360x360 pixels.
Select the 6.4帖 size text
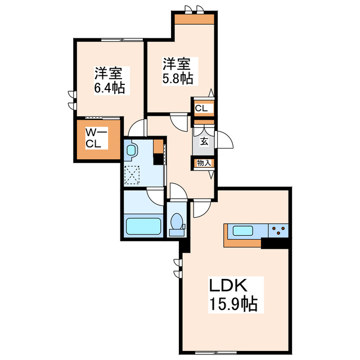coord(109,88)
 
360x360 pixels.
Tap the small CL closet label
coord(203,108)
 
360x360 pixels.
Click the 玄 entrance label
coord(204,141)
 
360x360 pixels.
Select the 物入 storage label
coord(204,163)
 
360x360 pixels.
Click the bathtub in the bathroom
coord(144,227)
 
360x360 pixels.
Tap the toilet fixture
coord(177,222)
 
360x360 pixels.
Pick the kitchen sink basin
coord(243,230)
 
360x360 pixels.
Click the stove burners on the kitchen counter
coord(278,229)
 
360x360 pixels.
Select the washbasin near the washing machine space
coord(133,151)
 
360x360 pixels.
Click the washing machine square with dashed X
coord(134,175)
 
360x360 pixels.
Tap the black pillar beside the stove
coord(275,242)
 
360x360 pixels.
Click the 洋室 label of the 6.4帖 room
coord(109,73)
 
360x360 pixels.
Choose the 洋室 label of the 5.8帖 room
coord(178,63)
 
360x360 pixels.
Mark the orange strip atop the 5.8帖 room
coord(194,19)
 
